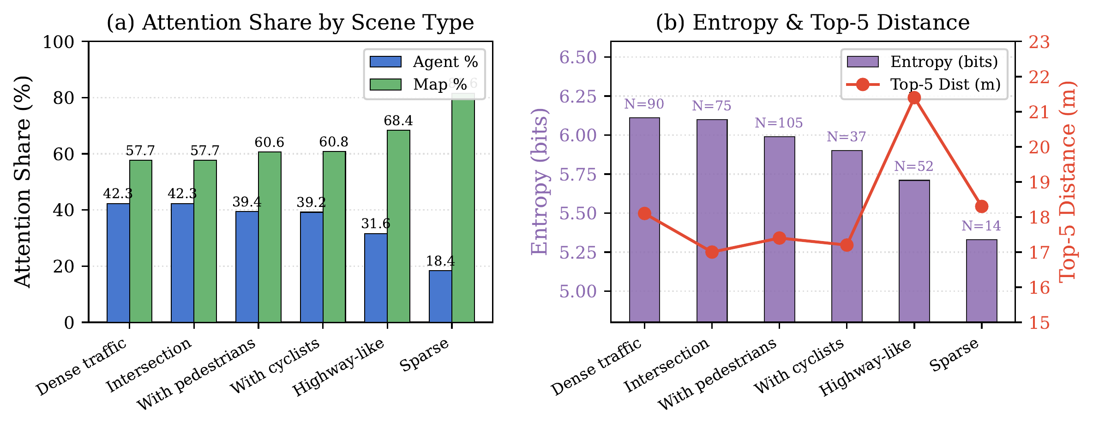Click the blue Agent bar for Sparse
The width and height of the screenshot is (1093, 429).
(440, 296)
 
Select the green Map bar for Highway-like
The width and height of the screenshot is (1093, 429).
(399, 226)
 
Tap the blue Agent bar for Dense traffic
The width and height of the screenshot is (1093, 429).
(118, 263)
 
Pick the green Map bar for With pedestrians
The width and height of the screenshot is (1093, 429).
(270, 237)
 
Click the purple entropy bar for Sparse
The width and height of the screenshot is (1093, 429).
(982, 280)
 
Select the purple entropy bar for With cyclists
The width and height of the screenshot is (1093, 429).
(847, 236)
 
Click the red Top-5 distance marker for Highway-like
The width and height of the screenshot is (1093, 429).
(914, 98)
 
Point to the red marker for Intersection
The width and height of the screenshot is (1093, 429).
(712, 252)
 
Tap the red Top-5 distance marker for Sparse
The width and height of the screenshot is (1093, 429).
(982, 206)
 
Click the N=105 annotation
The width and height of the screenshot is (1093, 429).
(779, 123)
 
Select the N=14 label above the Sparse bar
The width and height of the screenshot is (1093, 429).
(981, 226)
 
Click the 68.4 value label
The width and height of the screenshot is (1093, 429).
(398, 121)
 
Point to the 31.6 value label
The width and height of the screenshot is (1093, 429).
(376, 224)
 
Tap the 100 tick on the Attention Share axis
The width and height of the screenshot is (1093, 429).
(59, 42)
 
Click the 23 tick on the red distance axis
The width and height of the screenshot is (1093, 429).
(1039, 42)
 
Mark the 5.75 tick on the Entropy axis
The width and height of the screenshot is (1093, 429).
(578, 175)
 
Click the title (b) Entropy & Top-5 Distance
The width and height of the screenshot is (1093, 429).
(813, 22)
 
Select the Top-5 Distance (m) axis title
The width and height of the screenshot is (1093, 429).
(1068, 181)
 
